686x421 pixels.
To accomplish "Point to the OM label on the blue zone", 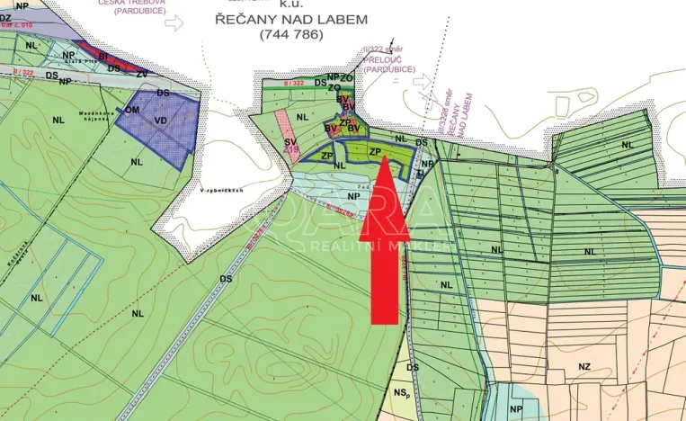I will [132, 109].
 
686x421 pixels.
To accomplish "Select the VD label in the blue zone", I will [160, 120].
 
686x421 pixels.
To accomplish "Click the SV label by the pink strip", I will [290, 142].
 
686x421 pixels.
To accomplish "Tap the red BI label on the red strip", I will [103, 55].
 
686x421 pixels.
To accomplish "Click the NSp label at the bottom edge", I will [401, 392].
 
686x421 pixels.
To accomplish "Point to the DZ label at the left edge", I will [5, 16].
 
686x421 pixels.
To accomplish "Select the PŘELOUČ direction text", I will [390, 67].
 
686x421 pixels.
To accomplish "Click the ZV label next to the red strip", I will [141, 73].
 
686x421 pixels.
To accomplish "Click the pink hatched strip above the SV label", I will [284, 122].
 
